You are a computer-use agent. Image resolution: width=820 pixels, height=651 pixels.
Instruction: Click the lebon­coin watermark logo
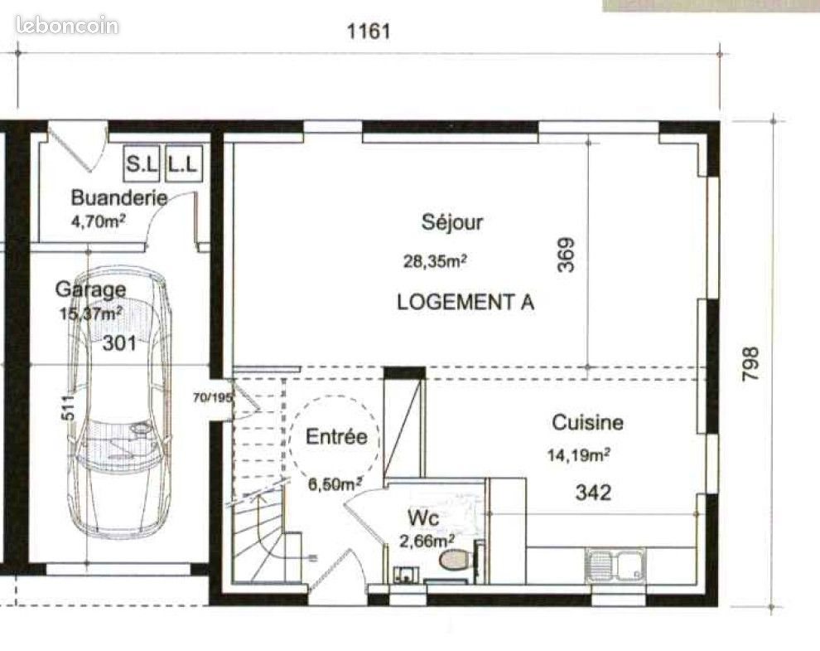coord(67,25)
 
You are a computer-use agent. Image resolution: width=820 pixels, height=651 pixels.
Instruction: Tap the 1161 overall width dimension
coord(369,32)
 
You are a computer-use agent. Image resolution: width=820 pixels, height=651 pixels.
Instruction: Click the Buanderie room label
coord(118,197)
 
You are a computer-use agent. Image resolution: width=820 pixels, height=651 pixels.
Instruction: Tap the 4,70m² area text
coord(98,222)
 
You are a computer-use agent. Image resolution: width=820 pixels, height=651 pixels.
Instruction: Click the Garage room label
coord(90,289)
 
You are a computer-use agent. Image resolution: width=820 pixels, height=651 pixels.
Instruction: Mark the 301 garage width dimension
coord(119,343)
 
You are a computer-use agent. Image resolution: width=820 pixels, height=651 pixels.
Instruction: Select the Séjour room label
coord(451,222)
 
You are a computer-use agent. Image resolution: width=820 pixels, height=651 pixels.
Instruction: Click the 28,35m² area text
coord(435,261)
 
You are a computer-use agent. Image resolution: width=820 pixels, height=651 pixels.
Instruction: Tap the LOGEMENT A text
coord(465,302)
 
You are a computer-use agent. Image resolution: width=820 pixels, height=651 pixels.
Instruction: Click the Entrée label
coord(335,437)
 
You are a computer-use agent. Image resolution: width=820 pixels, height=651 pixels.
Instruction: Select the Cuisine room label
coord(587,423)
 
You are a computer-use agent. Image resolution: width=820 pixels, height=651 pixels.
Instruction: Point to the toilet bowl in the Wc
coord(454,561)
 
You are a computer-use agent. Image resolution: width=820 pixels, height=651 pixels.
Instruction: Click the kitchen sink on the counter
coord(615,566)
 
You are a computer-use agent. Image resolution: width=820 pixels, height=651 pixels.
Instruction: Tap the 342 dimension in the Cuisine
coord(593,492)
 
